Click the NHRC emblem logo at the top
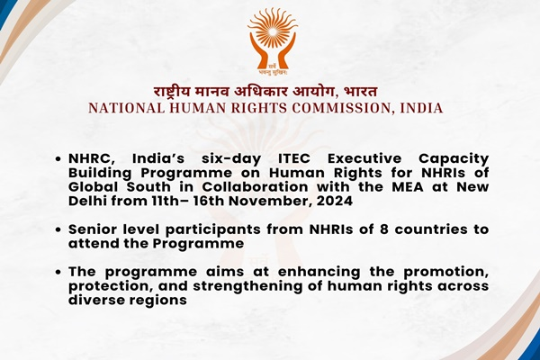(x=272, y=40)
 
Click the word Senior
(x=97, y=230)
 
